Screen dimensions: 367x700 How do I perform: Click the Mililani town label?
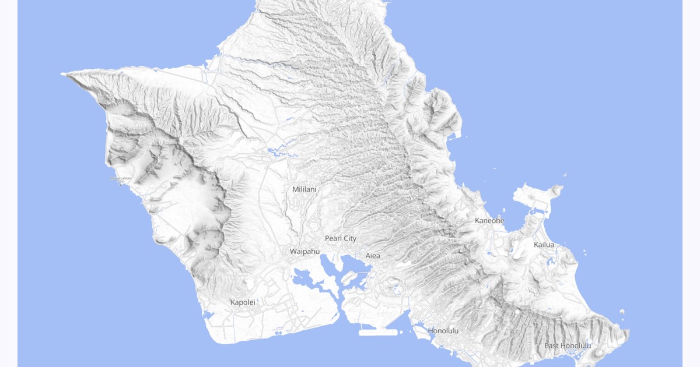(304, 189)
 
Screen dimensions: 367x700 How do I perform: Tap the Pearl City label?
(341, 238)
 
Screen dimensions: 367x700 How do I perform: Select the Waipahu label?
(305, 251)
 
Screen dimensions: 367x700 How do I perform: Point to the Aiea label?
(372, 256)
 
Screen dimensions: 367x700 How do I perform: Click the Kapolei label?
(243, 302)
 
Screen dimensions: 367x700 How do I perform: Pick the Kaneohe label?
(489, 220)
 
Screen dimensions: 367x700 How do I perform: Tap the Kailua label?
(544, 245)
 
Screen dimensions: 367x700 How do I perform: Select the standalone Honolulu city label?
(443, 331)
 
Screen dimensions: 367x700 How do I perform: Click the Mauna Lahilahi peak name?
(121, 178)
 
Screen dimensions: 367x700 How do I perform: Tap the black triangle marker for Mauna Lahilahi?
(121, 184)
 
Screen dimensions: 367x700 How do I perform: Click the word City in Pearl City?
(349, 238)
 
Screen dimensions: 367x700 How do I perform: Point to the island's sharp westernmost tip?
(63, 74)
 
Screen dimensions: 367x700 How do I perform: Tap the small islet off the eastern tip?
(622, 312)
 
